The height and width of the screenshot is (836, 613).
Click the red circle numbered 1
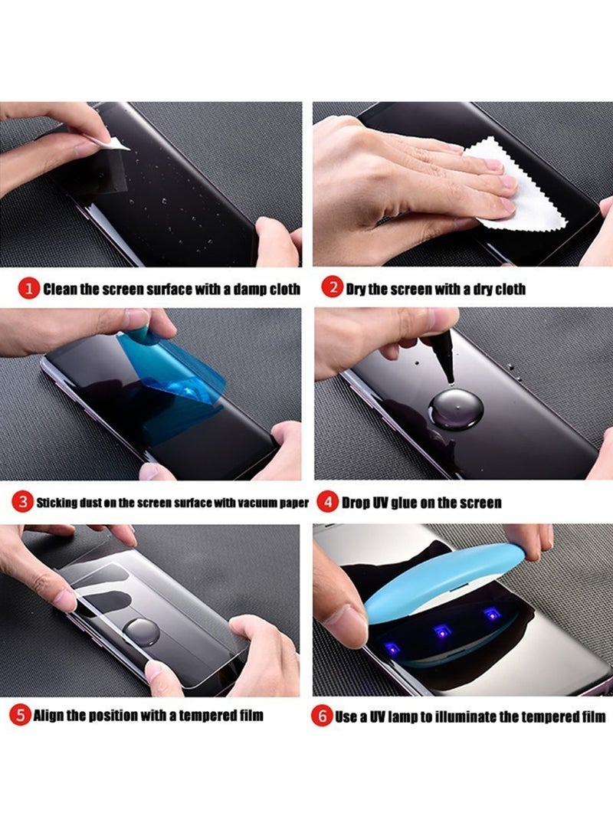[x=28, y=289]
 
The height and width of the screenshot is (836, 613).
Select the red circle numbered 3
[x=23, y=503]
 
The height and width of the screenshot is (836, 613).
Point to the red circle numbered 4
[x=328, y=503]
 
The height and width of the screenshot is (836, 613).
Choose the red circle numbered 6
[x=322, y=716]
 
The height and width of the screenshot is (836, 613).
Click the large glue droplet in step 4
[x=455, y=408]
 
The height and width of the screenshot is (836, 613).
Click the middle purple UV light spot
[x=442, y=631]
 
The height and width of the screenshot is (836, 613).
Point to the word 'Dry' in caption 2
[x=357, y=290]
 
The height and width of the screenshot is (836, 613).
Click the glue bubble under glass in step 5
[x=143, y=632]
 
